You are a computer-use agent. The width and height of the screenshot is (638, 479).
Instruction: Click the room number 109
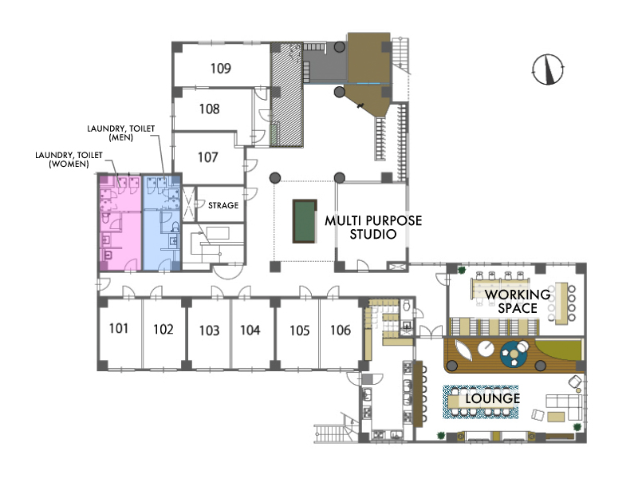pos(221,68)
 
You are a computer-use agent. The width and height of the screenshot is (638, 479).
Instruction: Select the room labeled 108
pos(209,109)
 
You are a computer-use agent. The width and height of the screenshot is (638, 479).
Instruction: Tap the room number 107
pos(208,157)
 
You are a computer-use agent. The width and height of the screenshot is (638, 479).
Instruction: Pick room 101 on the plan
pos(119,328)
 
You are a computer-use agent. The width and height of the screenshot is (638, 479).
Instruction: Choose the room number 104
pos(250,330)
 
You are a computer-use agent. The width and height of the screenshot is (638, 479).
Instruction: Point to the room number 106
pos(341,330)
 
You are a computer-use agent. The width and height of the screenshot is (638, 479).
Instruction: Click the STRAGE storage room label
pos(223,205)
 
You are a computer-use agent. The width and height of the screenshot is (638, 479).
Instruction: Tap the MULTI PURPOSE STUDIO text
pos(373,228)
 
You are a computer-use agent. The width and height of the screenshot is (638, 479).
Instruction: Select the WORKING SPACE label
pos(518,301)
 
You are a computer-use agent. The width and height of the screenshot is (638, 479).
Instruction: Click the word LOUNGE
pos(493,398)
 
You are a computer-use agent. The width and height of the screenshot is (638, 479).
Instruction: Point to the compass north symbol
pos(548,69)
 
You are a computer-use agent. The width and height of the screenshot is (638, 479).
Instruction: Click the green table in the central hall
pos(305,221)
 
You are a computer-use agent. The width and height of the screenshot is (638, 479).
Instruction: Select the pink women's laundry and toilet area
pos(120,223)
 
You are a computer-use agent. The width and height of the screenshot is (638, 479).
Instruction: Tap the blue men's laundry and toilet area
pos(162,223)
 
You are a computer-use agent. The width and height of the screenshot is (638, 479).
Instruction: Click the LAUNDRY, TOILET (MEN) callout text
pos(121,133)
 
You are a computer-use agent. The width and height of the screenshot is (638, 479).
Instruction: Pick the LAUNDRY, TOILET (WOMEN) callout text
pos(69,159)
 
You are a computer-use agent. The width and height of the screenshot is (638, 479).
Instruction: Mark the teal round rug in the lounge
pos(514,354)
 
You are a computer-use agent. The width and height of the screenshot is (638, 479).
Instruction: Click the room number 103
pos(209,331)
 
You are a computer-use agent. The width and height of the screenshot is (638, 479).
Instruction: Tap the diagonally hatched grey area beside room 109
pos(287,94)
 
